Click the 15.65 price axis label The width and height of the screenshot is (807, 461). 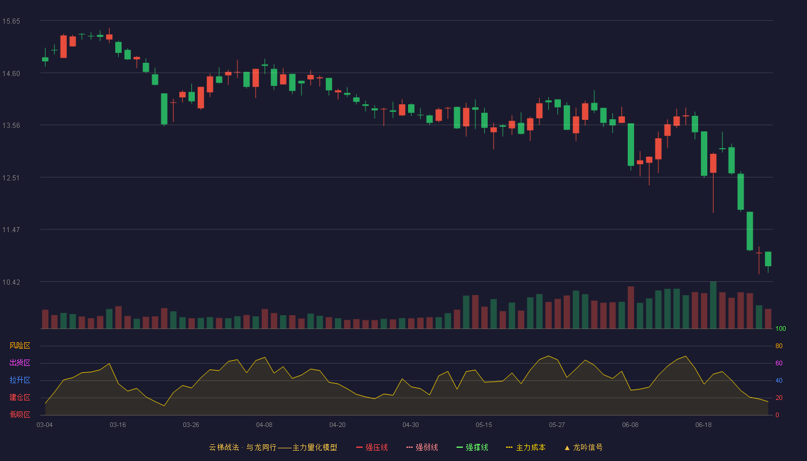tap(11, 21)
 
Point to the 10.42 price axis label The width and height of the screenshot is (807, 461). tap(11, 282)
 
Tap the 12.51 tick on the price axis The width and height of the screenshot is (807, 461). tap(11, 178)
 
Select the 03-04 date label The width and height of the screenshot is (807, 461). tap(45, 425)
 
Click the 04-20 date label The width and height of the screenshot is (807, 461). tap(338, 425)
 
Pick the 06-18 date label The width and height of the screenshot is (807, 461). tap(704, 425)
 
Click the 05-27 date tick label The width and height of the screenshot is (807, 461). tap(557, 425)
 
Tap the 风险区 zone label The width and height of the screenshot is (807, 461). tap(20, 346)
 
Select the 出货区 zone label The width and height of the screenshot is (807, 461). tap(20, 362)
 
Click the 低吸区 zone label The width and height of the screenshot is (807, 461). tap(20, 414)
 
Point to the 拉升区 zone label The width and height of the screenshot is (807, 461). tap(20, 380)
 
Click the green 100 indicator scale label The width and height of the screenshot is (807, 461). tap(780, 328)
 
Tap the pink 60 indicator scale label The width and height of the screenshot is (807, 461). tap(779, 363)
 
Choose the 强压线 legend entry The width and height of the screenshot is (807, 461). tap(372, 447)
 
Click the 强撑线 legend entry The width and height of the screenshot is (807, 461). tap(472, 447)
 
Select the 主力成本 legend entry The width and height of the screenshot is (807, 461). tap(526, 447)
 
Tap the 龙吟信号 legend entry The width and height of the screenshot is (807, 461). tap(583, 447)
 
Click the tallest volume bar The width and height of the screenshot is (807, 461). tap(713, 305)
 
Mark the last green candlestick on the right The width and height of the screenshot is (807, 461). tap(768, 259)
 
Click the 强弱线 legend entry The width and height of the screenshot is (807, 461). tap(422, 447)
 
